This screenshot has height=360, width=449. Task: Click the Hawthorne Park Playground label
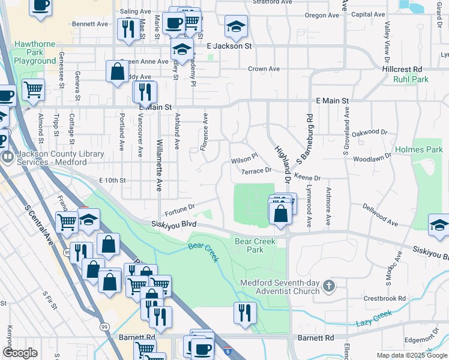pyautogui.click(x=35, y=52)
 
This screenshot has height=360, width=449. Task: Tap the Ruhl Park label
pyautogui.click(x=411, y=79)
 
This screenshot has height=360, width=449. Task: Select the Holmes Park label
pyautogui.click(x=418, y=149)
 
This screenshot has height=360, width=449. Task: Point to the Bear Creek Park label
pyautogui.click(x=255, y=245)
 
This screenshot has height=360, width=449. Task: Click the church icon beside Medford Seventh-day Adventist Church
pyautogui.click(x=328, y=286)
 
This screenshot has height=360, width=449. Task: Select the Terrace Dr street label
pyautogui.click(x=256, y=170)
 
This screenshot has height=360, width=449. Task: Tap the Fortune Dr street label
pyautogui.click(x=180, y=209)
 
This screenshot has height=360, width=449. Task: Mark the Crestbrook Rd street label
pyautogui.click(x=385, y=298)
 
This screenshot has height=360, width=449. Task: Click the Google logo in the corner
pyautogui.click(x=20, y=353)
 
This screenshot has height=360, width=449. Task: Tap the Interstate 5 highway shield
pyautogui.click(x=226, y=350)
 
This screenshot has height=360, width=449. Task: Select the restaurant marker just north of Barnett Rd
pyautogui.click(x=245, y=313)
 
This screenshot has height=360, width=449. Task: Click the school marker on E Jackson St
pyautogui.click(x=181, y=50)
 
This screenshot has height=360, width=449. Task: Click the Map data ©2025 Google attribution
pyautogui.click(x=411, y=355)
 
